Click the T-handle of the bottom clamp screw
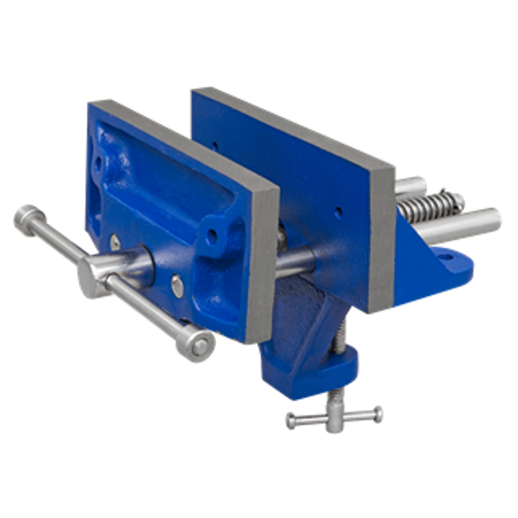tap(334, 417)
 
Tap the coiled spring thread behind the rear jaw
tap(428, 206)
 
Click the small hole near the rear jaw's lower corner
tap(338, 210)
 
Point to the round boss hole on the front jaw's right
tap(213, 232)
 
